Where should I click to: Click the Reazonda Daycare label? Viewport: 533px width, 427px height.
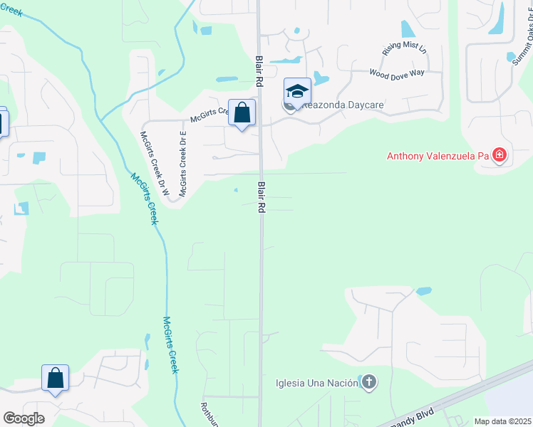tap(343, 105)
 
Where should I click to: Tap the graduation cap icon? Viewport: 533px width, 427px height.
tap(298, 91)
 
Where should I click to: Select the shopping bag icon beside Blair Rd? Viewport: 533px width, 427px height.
tap(242, 112)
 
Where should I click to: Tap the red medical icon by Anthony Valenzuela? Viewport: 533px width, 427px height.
tap(500, 155)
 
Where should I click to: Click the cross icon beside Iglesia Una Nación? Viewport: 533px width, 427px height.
tap(368, 383)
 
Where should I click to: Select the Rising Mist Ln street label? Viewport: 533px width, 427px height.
tap(404, 48)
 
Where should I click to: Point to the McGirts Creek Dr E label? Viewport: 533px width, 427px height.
tap(183, 164)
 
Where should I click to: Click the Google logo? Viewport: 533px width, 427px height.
tap(24, 418)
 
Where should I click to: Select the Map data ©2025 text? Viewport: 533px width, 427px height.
tap(503, 421)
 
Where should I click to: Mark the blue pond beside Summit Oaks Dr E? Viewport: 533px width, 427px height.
tap(511, 57)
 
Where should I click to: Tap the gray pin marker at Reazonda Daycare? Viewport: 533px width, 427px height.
tap(289, 107)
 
